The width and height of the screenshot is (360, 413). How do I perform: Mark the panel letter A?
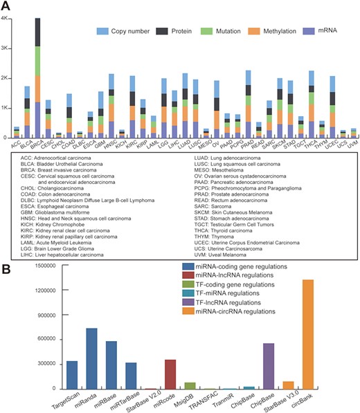point(7,6)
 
